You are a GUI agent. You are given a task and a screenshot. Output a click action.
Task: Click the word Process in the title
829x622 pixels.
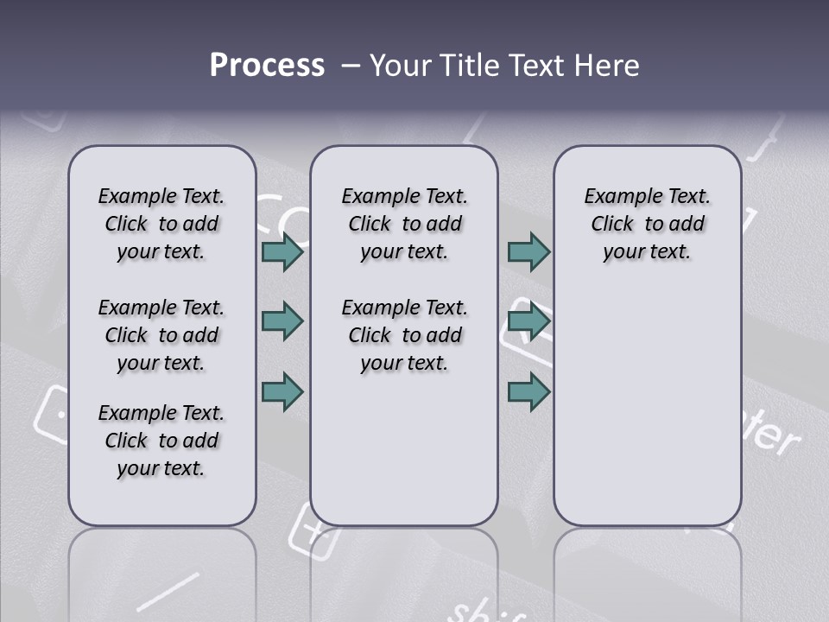tap(267, 66)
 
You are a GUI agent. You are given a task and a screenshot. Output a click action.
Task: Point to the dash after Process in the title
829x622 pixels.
tap(350, 66)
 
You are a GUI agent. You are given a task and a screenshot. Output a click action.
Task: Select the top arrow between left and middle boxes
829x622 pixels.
tap(282, 252)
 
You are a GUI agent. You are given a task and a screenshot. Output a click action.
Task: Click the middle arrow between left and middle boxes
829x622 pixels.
tap(282, 322)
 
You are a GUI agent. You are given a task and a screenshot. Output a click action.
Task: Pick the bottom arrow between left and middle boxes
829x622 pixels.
tap(282, 391)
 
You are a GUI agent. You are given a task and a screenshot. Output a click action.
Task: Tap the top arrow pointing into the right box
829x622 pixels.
tap(528, 252)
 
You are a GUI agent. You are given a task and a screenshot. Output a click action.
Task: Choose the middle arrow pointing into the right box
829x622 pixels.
tap(528, 322)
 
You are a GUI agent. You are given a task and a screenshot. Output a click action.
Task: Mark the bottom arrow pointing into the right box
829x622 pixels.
tap(528, 391)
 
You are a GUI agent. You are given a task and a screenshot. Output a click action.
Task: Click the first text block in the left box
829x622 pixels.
tap(161, 224)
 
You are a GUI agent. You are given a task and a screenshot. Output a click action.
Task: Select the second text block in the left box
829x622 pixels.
tap(161, 335)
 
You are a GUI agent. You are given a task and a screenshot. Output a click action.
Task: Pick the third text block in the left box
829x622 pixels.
tap(161, 441)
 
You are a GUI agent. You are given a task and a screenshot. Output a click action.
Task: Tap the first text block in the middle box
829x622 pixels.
tap(404, 224)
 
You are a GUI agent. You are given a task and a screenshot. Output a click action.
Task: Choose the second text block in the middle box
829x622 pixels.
tap(404, 335)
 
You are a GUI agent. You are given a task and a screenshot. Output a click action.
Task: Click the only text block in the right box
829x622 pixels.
tap(647, 224)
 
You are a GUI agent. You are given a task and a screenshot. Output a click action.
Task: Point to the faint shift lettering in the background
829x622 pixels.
tap(488, 609)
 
